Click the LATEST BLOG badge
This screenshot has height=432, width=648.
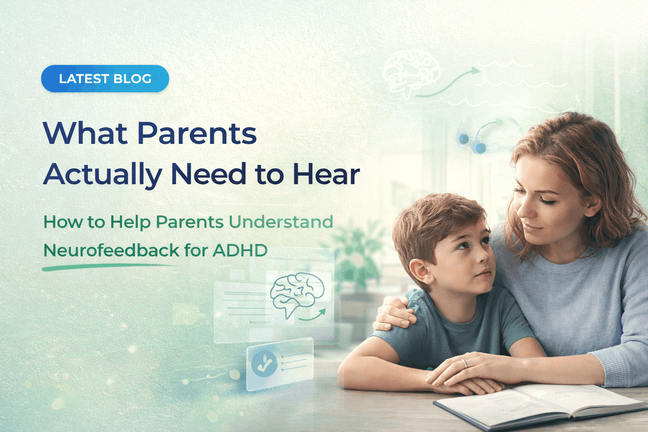click(105, 79)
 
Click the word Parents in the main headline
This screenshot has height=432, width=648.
click(197, 134)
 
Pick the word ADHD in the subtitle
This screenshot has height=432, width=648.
click(240, 251)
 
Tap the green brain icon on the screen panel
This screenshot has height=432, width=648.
click(297, 292)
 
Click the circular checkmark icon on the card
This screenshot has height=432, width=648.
click(264, 364)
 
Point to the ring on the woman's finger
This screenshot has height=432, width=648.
click(464, 363)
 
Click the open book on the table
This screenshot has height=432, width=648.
click(540, 405)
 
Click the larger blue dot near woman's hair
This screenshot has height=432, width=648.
click(481, 148)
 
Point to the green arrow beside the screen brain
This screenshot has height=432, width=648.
click(314, 315)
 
